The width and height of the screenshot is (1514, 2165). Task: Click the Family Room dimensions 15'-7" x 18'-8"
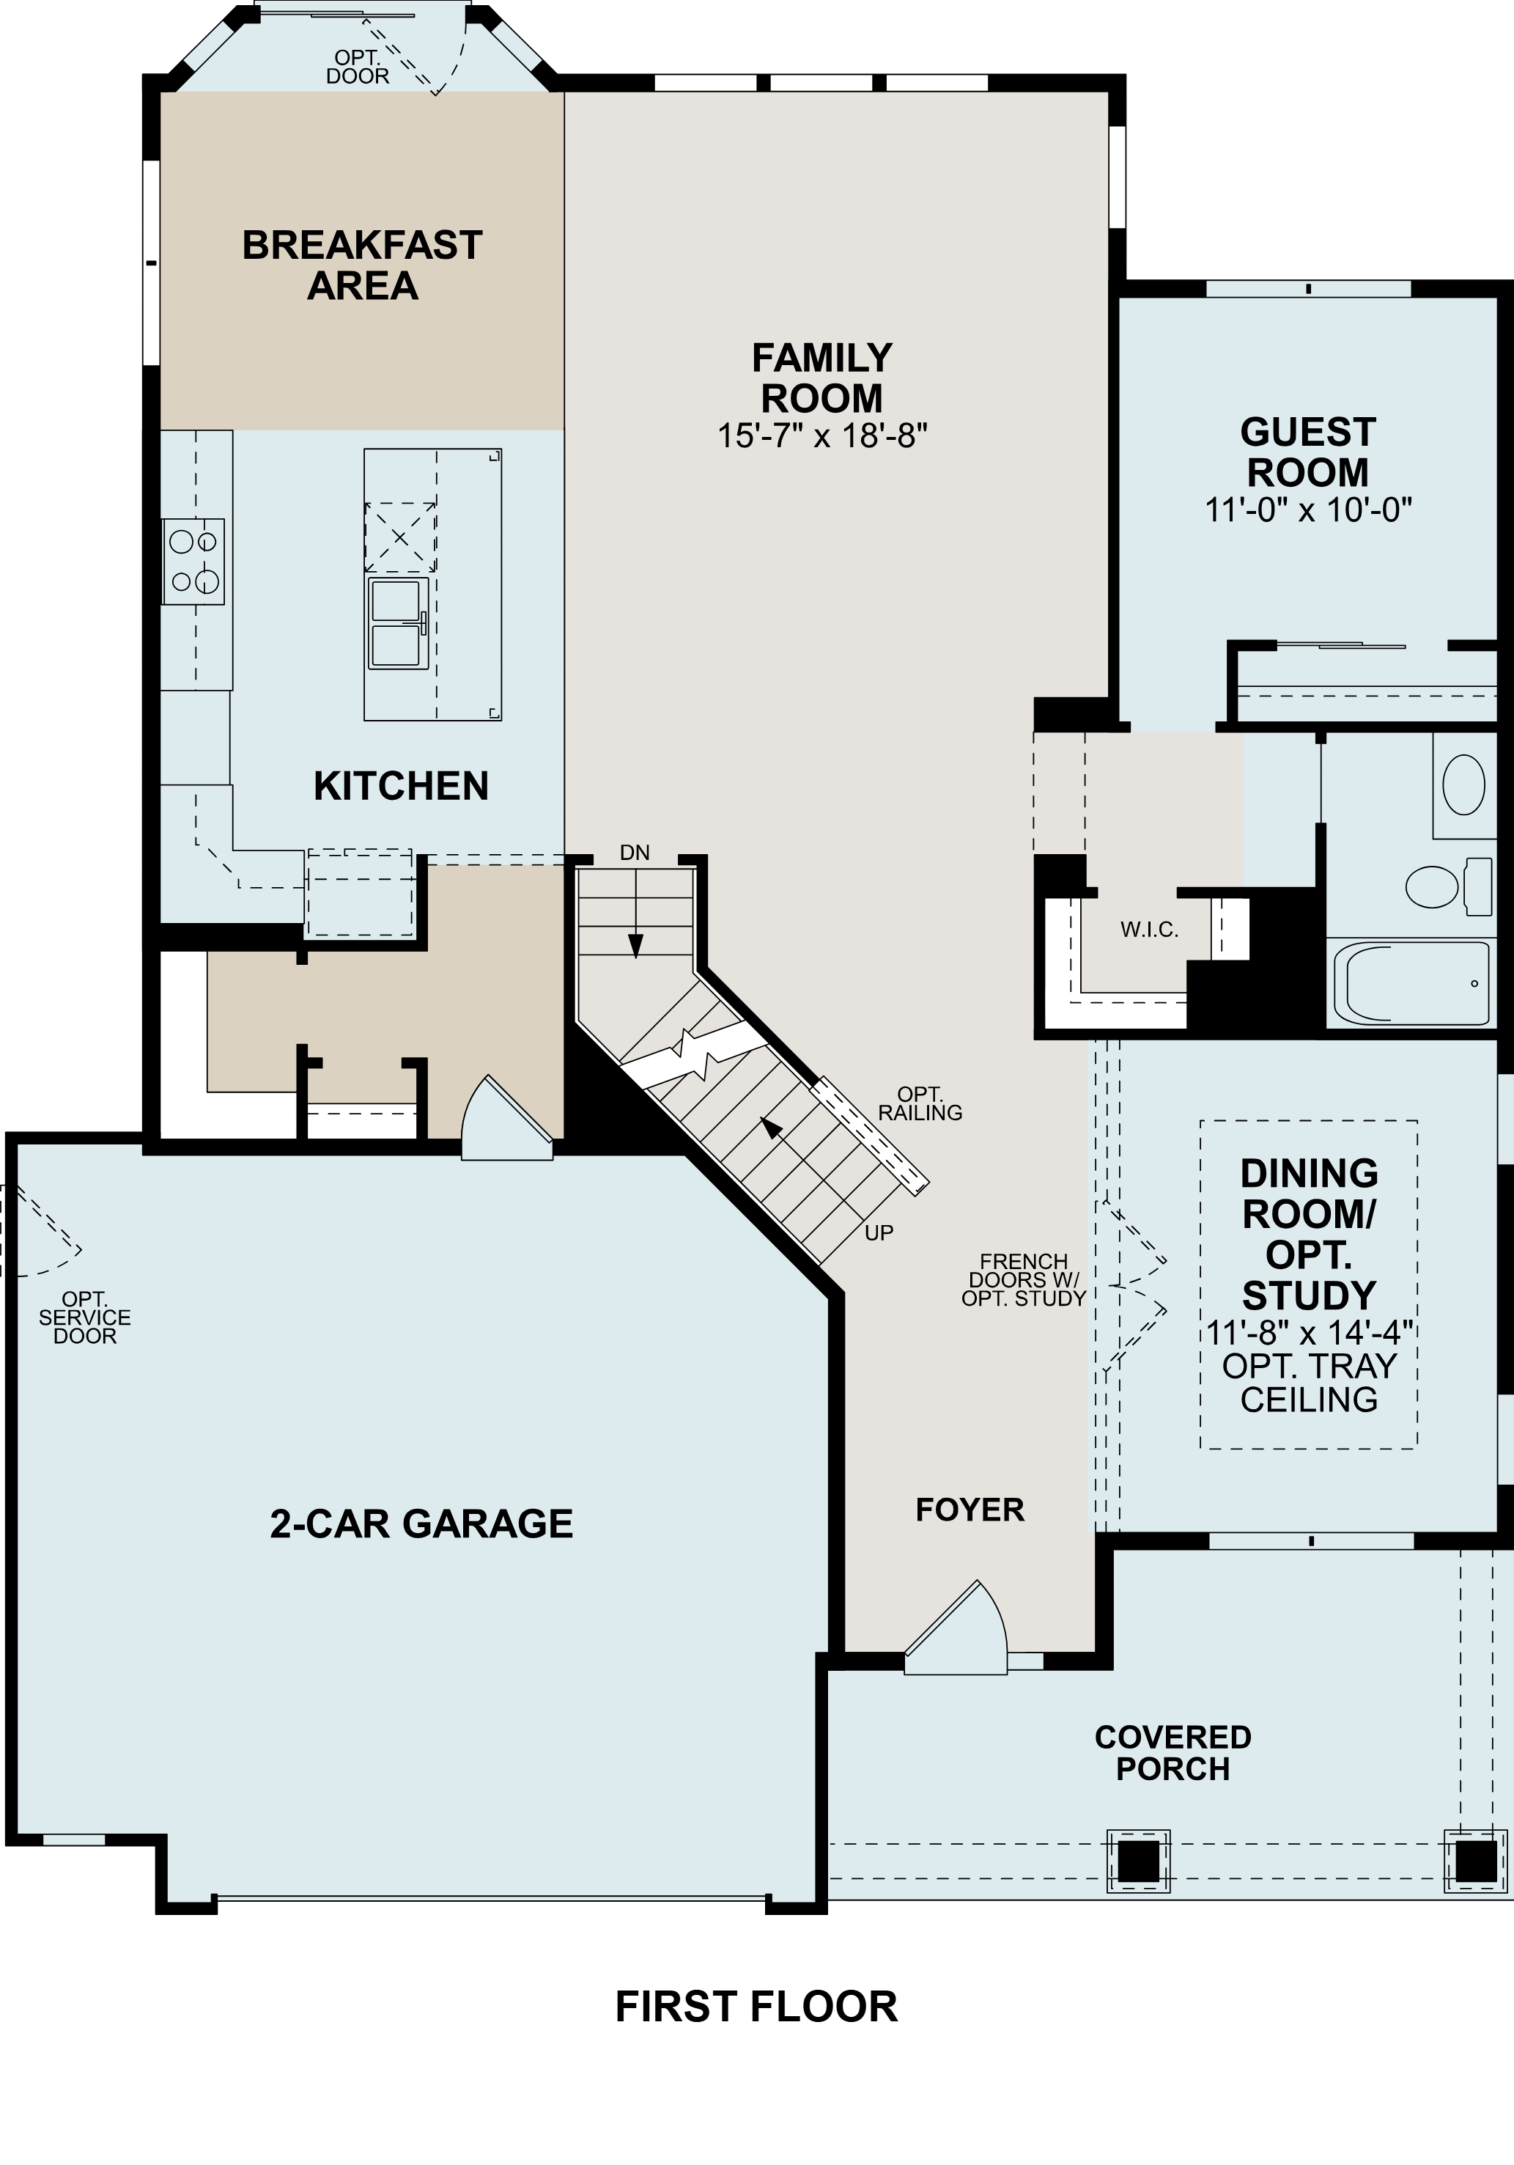(x=822, y=435)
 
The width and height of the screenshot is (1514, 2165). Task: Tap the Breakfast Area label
(x=362, y=265)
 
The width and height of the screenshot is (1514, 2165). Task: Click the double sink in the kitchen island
(x=398, y=623)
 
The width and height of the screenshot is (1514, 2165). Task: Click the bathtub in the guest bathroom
(x=1411, y=983)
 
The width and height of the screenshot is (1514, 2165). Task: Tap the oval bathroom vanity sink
(x=1463, y=784)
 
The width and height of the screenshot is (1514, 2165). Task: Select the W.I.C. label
(x=1149, y=930)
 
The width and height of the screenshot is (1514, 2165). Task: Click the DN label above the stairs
(x=635, y=853)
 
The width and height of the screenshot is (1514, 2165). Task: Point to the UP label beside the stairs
(x=879, y=1232)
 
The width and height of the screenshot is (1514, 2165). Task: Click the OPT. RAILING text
(x=920, y=1103)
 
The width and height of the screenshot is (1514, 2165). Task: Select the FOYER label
(x=969, y=1510)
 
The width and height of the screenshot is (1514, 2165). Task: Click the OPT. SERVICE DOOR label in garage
(x=85, y=1317)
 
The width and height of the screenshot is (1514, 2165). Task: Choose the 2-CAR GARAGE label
(x=421, y=1523)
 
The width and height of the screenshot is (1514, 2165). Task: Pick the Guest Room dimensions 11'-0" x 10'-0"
(x=1307, y=510)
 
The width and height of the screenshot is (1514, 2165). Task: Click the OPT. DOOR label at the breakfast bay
(x=358, y=67)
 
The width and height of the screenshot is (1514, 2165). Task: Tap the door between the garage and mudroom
(x=506, y=1120)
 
